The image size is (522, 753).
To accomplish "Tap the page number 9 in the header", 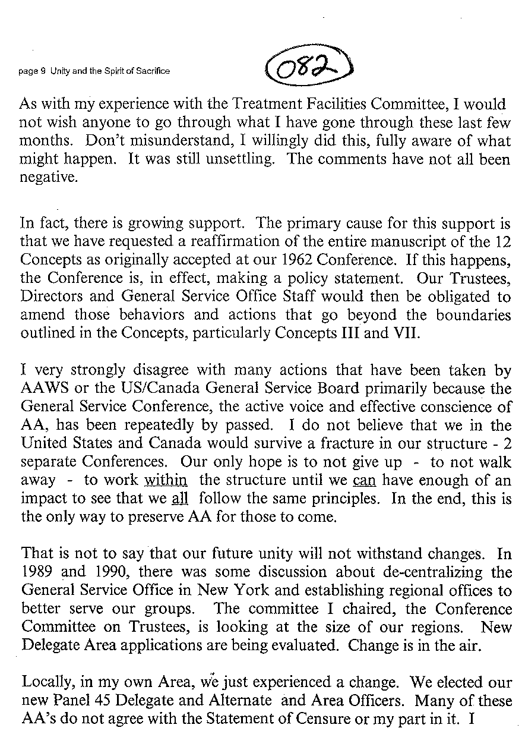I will (40, 71).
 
